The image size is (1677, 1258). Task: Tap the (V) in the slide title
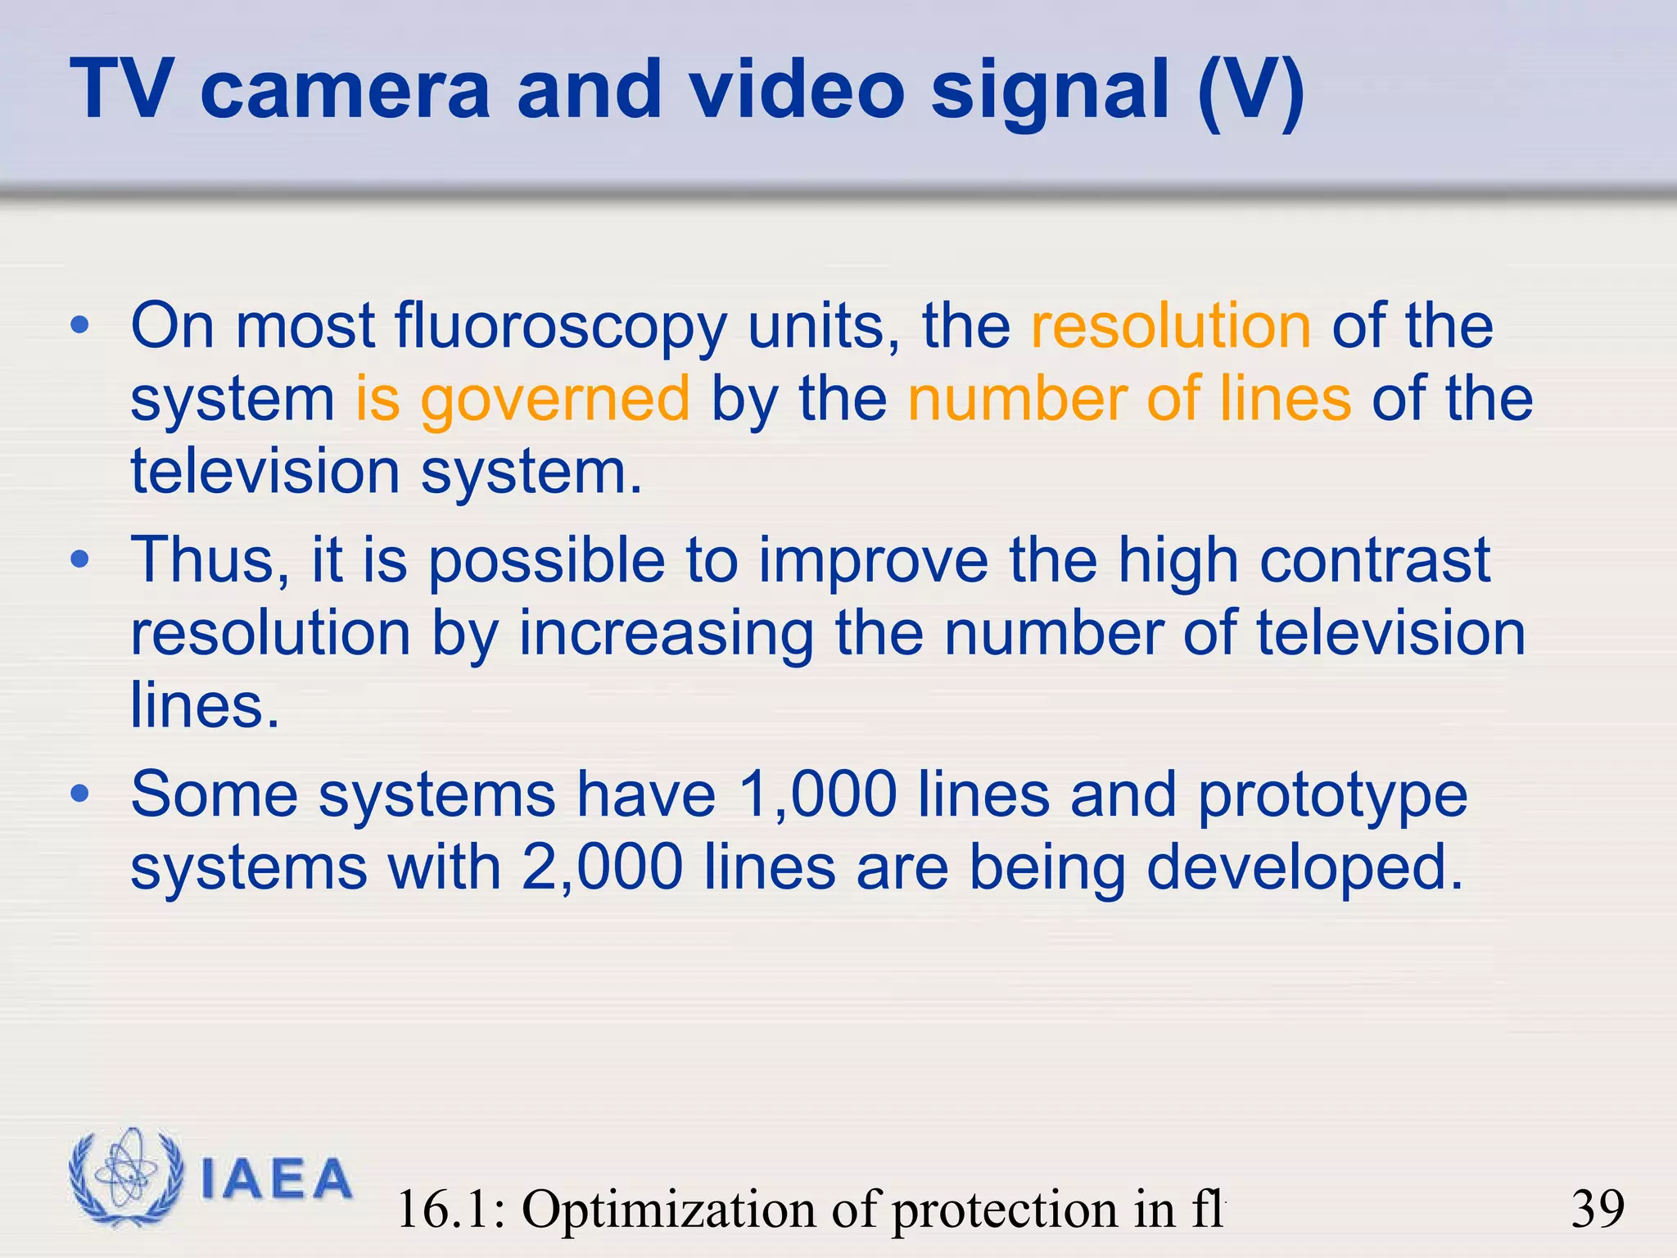[1250, 92]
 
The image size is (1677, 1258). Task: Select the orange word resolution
[1171, 326]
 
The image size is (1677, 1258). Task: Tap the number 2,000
[602, 867]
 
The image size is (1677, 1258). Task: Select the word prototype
[1332, 796]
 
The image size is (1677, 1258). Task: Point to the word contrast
[1375, 561]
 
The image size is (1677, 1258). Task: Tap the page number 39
[1598, 1209]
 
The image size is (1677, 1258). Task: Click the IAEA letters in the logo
[276, 1179]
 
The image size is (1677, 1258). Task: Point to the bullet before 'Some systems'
[79, 794]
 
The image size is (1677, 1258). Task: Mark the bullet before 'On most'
[79, 325]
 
